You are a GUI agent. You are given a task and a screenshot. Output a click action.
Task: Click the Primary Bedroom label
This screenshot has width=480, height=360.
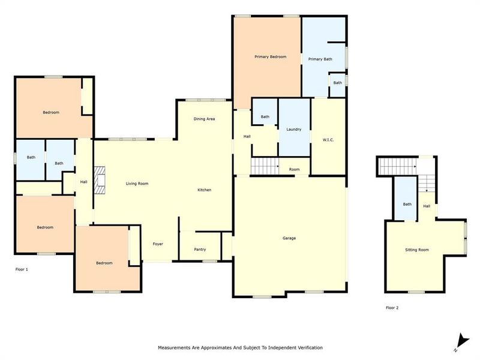[270, 57]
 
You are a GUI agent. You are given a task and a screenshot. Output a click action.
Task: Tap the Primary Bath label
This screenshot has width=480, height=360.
[320, 59]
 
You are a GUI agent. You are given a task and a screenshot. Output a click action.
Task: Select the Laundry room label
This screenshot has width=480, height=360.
[293, 130]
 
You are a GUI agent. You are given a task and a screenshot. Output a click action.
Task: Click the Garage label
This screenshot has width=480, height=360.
[289, 238]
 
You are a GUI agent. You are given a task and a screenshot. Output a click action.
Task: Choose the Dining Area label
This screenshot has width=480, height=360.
[204, 119]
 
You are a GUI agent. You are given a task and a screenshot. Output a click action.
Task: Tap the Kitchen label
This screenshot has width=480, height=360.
[205, 190]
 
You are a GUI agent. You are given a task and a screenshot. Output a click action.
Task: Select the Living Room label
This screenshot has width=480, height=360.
[137, 184]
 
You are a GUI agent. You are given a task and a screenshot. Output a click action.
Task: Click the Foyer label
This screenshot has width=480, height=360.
[158, 244]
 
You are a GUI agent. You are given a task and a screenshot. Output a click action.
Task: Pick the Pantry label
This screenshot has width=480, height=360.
[200, 250]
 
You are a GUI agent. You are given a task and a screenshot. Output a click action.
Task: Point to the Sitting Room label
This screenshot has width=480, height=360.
[417, 250]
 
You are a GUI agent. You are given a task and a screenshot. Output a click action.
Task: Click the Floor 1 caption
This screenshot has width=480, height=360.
[22, 269]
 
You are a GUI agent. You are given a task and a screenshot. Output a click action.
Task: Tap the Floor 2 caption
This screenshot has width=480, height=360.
[392, 308]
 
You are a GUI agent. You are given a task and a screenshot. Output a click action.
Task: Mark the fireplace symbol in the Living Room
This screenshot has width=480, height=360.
[101, 181]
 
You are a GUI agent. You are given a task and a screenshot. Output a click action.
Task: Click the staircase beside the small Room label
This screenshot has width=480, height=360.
[265, 166]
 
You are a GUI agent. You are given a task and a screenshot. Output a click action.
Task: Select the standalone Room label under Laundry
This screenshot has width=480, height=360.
[294, 170]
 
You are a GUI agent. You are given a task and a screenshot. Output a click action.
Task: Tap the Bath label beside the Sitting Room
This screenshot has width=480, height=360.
[407, 205]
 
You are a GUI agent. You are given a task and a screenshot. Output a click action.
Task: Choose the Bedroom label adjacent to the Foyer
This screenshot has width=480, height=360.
[104, 263]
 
